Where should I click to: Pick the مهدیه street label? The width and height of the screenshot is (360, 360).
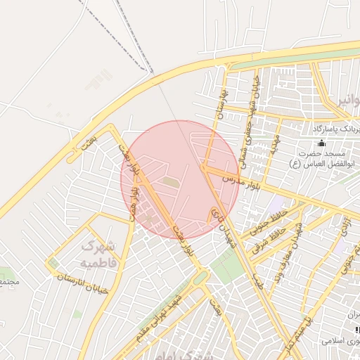click(x=273, y=145)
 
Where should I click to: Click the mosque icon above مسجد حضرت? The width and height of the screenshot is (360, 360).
click(x=322, y=143)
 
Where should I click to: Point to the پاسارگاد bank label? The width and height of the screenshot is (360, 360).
click(x=336, y=129)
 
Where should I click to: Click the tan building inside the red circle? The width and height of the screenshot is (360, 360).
click(x=170, y=182)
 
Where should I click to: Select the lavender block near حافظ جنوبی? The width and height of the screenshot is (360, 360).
click(x=275, y=207)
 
